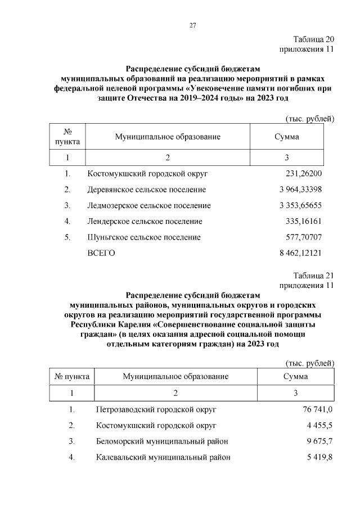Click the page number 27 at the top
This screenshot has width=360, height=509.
192,25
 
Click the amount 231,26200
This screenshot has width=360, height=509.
304,174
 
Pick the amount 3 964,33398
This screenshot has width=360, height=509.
300,190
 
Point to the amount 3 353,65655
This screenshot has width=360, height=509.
300,205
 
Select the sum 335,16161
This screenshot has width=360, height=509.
304,221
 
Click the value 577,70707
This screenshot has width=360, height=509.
304,237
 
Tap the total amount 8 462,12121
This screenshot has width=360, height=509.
300,253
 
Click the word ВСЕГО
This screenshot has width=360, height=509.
101,253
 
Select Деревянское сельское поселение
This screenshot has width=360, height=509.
146,190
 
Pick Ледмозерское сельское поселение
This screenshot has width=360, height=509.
149,205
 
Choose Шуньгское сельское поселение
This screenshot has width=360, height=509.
144,237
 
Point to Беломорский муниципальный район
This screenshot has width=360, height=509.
162,441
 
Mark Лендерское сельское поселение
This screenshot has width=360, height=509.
145,221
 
